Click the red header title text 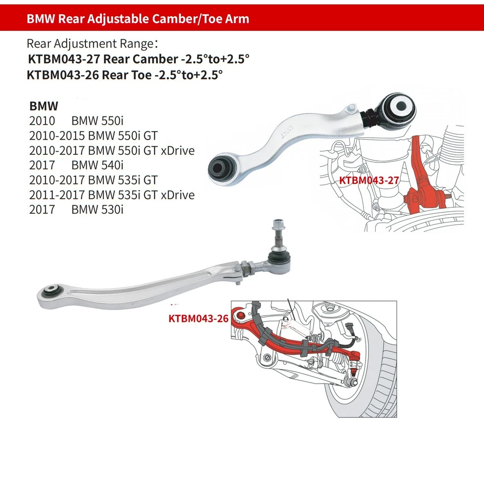(138, 19)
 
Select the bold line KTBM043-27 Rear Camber (138, 59)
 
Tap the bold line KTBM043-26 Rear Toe (125, 76)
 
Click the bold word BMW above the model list (44, 106)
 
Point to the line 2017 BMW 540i (76, 165)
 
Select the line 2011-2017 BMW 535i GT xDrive (111, 195)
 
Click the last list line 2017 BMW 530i (76, 209)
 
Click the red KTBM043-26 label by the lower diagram (198, 319)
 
